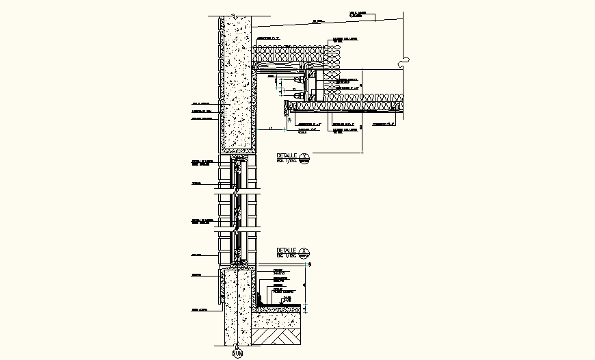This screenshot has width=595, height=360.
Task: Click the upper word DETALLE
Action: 286,156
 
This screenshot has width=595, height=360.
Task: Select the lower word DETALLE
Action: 286,250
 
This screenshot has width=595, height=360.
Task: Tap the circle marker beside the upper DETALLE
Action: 305,158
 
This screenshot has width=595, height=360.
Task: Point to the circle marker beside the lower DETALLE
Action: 305,252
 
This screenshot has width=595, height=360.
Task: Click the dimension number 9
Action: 310,264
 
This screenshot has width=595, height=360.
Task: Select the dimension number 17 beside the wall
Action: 270,128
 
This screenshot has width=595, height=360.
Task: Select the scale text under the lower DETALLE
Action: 287,255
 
